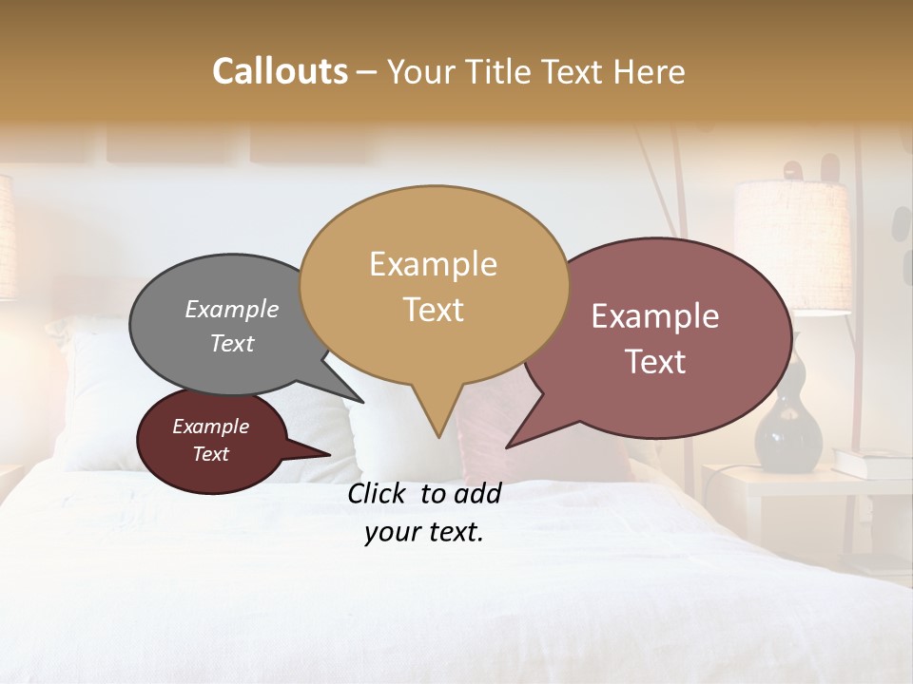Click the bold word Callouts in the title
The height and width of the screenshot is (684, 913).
(280, 71)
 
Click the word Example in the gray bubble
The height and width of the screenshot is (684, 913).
(231, 309)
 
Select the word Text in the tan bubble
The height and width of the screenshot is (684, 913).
(434, 310)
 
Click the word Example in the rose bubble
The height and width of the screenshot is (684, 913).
(654, 316)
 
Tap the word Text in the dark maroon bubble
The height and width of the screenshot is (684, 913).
(211, 454)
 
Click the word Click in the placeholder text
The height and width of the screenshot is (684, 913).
(379, 493)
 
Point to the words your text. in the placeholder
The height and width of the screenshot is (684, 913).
(424, 532)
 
